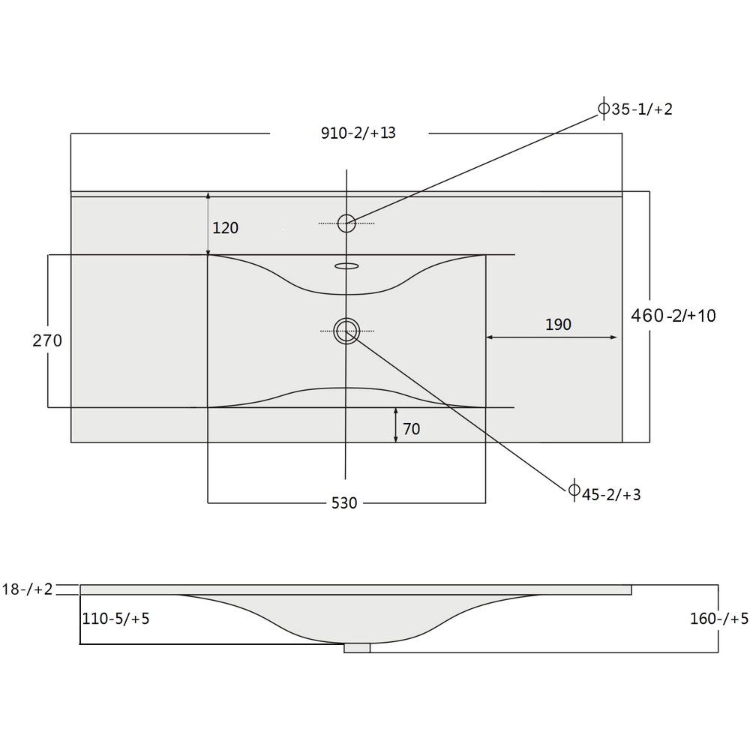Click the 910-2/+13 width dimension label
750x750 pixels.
pos(358,133)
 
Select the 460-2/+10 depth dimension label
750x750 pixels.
pos(673,315)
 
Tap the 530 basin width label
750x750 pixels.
pos(344,502)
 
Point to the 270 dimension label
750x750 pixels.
pos(47,340)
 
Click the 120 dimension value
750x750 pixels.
pos(225,228)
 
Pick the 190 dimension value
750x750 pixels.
pos(558,324)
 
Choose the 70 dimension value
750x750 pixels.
pos(411,428)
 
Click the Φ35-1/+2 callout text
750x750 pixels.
pos(636,109)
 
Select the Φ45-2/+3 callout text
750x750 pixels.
pos(604,493)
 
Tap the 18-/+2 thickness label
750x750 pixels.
pos(27,589)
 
